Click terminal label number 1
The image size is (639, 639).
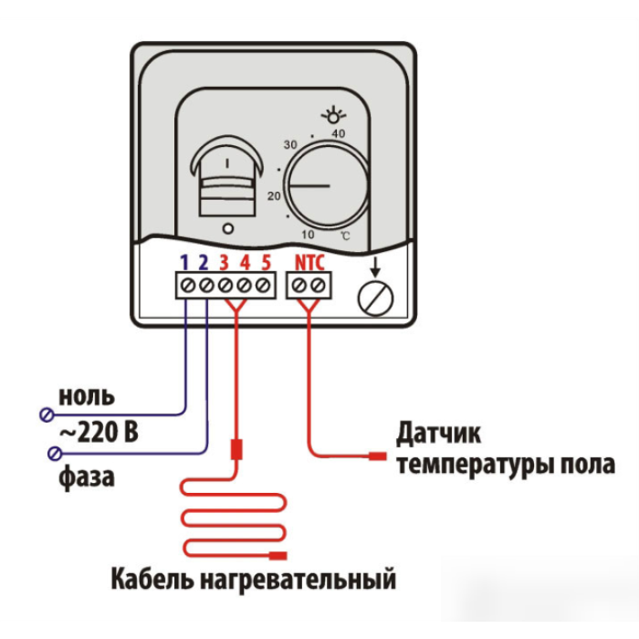[184, 263]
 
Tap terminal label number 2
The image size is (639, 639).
[204, 263]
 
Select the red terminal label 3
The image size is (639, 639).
[224, 263]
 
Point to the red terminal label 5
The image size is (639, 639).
[265, 263]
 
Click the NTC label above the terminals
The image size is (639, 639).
[309, 263]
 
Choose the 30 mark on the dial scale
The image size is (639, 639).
[291, 146]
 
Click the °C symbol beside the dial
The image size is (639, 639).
[344, 236]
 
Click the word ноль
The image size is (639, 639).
[87, 396]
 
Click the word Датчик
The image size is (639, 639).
[438, 431]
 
